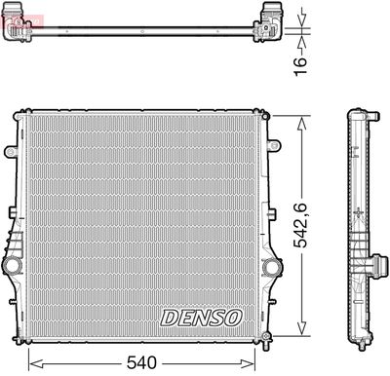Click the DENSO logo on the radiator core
(201, 318)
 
